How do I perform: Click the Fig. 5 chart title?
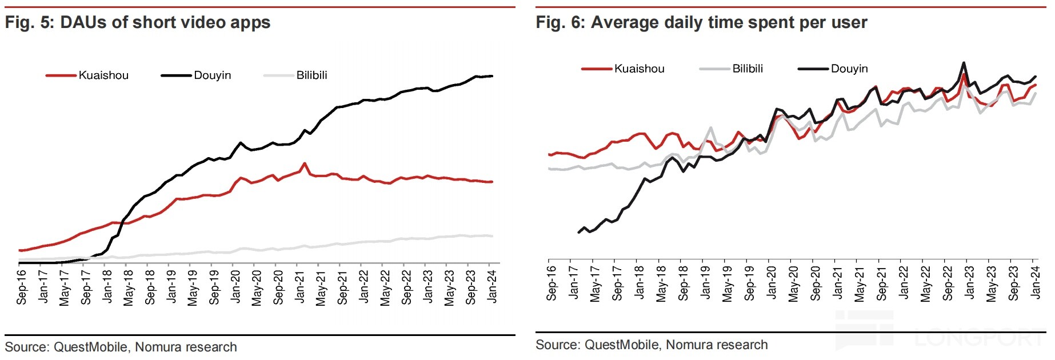138,22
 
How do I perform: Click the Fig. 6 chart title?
701,22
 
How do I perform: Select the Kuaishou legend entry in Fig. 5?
103,75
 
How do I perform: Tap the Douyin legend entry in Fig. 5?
212,75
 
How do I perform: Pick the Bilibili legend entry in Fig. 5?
311,75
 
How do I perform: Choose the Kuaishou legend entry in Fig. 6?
639,69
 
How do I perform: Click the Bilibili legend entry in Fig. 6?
748,69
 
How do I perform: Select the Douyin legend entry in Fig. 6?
849,69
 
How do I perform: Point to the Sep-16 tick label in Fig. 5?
22,287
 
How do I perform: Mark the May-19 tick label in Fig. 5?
193,287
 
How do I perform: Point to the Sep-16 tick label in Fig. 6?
552,283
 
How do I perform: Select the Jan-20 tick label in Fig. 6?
772,282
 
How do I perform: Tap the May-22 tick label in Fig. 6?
926,283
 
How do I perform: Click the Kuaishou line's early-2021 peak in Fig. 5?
305,163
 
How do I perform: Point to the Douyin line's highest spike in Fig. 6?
964,63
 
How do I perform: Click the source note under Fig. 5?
121,347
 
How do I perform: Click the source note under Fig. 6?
652,345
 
